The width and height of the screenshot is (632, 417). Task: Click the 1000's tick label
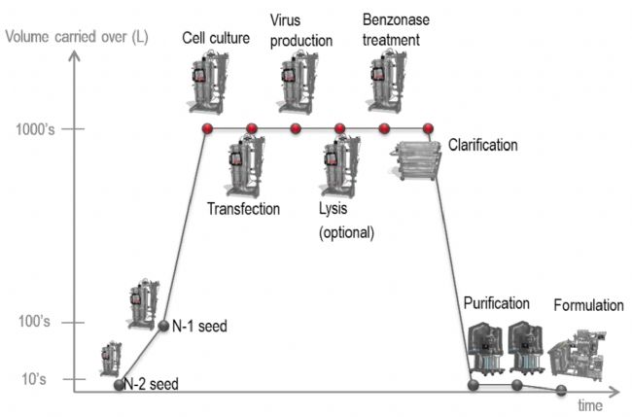tap(35, 129)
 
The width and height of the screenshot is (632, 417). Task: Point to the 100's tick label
tap(34, 322)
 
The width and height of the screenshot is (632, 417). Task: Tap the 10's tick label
tap(34, 379)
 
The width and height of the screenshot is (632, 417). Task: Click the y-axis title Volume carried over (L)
tap(77, 37)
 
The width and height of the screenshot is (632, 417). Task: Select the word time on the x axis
tap(590, 405)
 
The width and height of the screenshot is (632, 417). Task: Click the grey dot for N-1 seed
tap(163, 326)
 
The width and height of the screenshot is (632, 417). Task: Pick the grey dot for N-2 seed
tap(119, 385)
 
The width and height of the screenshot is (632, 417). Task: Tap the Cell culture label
tap(216, 38)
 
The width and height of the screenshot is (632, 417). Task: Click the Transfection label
tap(243, 209)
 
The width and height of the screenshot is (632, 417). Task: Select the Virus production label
tap(301, 30)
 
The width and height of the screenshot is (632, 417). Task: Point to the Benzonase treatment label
tap(396, 30)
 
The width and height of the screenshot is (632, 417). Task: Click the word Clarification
tap(483, 145)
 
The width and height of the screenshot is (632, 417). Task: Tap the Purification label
tap(497, 303)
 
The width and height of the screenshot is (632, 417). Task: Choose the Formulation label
tap(588, 305)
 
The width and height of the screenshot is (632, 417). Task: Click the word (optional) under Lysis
tap(347, 233)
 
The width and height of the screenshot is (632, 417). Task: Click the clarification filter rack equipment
tap(415, 160)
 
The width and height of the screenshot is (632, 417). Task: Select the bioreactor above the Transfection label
tap(244, 166)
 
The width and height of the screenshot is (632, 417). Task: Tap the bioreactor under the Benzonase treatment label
tap(387, 82)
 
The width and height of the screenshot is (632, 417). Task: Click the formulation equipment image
tap(578, 355)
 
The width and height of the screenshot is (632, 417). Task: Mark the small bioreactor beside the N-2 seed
tap(111, 359)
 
